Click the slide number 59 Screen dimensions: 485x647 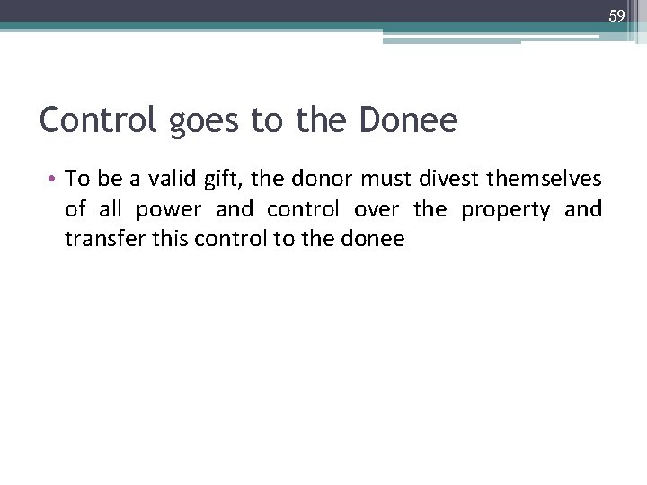[x=616, y=15]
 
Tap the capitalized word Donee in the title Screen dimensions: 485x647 [x=408, y=119]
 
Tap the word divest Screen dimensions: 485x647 [x=451, y=179]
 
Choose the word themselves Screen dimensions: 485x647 [x=545, y=179]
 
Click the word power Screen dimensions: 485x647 [x=171, y=210]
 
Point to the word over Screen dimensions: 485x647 [x=376, y=210]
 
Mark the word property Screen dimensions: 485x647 [x=506, y=210]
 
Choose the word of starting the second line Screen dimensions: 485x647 [x=75, y=209]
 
